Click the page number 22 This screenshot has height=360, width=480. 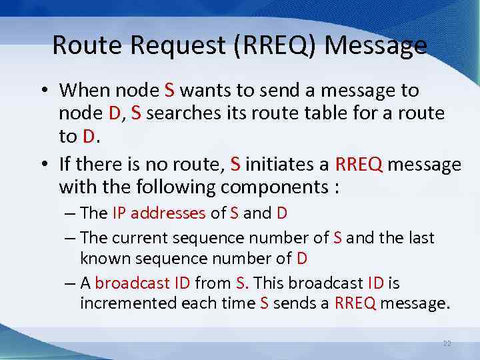(447, 343)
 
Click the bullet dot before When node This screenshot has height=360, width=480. (44, 91)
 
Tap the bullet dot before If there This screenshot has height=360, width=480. (44, 164)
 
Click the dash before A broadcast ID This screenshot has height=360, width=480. (71, 283)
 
